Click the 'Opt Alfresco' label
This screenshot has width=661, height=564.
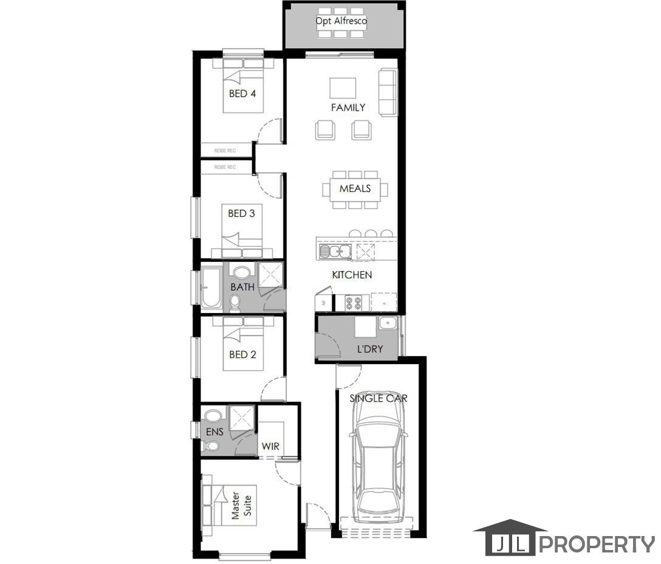coord(341,21)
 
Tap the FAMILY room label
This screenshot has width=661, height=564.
coord(348,108)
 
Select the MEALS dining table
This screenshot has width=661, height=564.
coord(355,188)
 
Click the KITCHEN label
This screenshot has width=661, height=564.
coord(352,275)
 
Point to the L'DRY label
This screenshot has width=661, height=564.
coord(369,349)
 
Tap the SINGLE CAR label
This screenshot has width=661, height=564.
coord(378,399)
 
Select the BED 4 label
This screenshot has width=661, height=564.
coord(242,94)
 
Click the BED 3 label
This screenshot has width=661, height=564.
coord(241,213)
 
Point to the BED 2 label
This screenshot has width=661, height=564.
coord(242,354)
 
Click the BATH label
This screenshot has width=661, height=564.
coord(242,287)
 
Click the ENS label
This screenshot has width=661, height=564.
coord(214,432)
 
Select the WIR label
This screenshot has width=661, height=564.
coord(270,446)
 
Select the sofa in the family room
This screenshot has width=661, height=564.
coord(388,92)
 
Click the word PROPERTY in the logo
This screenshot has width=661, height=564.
coord(597,544)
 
